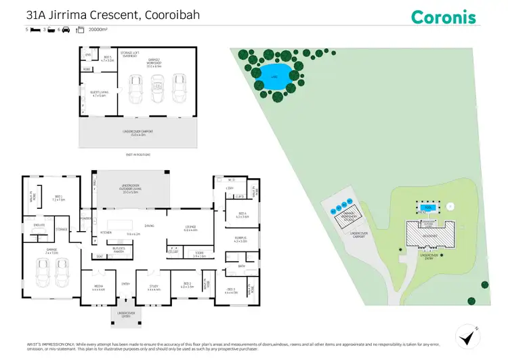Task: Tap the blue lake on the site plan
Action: coord(274,72)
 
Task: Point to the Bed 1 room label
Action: coord(58,199)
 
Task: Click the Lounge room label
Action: coord(190,229)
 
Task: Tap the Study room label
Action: coord(154,287)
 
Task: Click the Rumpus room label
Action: coord(240,239)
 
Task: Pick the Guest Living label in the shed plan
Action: coord(98,94)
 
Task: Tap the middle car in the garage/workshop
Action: coord(158,87)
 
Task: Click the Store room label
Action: coord(199,256)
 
